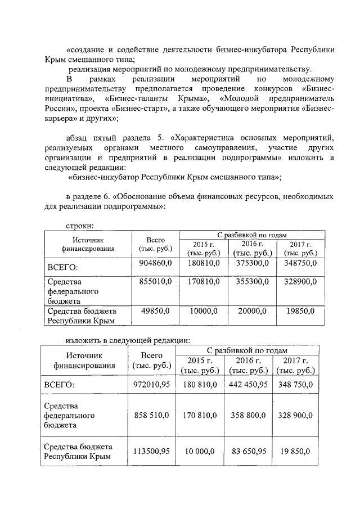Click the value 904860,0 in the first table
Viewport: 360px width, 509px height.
click(155, 263)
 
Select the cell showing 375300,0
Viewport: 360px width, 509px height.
click(250, 263)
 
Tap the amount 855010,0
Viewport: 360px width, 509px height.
click(155, 281)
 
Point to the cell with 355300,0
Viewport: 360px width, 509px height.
click(250, 281)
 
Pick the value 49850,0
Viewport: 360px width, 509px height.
click(157, 311)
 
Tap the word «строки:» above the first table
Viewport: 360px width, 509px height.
click(79, 226)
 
